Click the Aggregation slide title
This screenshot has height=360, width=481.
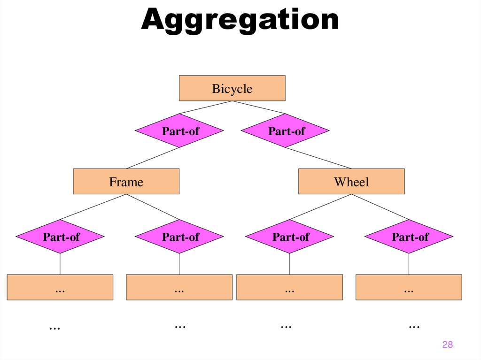point(240,20)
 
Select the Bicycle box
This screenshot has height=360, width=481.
point(232,88)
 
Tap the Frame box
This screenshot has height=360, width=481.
point(126,182)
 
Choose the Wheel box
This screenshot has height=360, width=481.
point(351,182)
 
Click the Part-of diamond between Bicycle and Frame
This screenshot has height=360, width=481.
point(179,131)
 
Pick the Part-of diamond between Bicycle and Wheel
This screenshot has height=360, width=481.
point(286,131)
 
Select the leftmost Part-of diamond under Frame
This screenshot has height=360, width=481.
point(60,237)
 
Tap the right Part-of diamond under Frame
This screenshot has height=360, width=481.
point(179,237)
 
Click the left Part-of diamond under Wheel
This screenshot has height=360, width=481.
point(290,237)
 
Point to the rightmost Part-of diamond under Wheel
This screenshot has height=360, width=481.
point(409,237)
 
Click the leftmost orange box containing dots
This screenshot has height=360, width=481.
point(60,287)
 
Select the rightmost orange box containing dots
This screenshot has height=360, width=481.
point(409,287)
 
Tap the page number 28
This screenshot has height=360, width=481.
point(447,345)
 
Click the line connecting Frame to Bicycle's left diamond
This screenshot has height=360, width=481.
point(153,158)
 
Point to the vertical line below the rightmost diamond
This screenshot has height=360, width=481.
point(409,264)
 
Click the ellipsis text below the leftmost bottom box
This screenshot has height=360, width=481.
point(55,327)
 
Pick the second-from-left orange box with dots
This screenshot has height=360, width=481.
point(179,287)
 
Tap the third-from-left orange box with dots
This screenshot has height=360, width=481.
point(289,287)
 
